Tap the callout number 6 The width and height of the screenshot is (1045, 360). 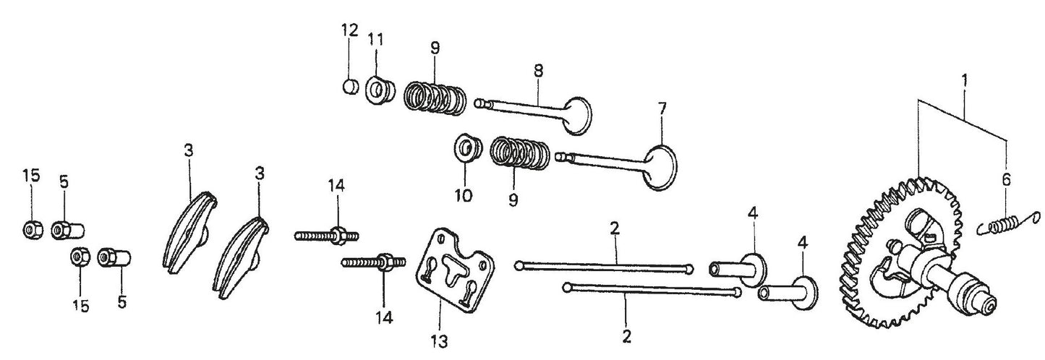[1006, 181]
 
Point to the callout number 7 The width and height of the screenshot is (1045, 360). [662, 109]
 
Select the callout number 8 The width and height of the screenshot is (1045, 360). [539, 70]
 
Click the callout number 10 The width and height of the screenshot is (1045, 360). [463, 195]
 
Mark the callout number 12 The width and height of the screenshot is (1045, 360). [349, 30]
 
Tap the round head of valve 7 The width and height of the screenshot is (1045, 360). [659, 167]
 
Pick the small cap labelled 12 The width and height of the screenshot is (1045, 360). [349, 87]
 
